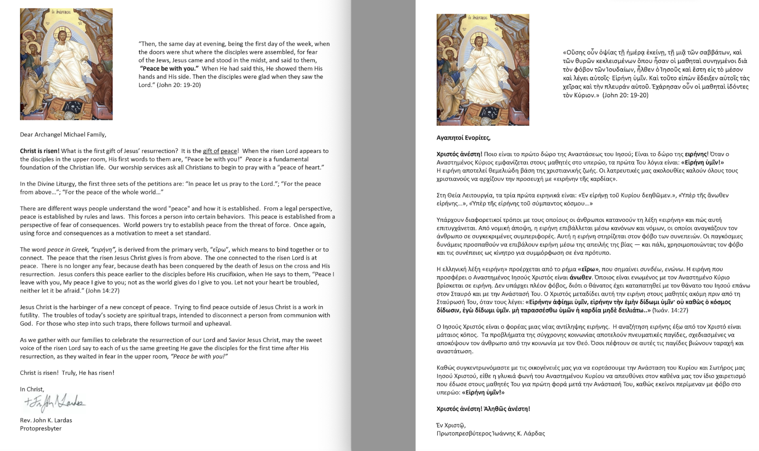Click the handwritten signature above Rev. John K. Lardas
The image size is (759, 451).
point(55,403)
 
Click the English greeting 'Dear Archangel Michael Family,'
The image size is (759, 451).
point(63,134)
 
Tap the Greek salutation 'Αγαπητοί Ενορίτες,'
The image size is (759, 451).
point(463,138)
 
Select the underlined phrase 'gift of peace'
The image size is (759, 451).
point(221,151)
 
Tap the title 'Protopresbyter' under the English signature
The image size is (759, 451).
point(41,428)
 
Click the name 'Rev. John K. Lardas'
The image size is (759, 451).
point(46,420)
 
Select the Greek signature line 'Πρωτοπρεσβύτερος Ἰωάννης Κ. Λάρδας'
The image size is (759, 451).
point(491,434)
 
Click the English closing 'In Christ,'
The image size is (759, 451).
point(32,389)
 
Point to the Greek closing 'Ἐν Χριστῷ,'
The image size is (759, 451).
point(451,425)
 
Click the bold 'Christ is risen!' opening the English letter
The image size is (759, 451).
point(40,151)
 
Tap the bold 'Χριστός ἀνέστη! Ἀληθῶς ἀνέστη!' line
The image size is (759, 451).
point(483,409)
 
